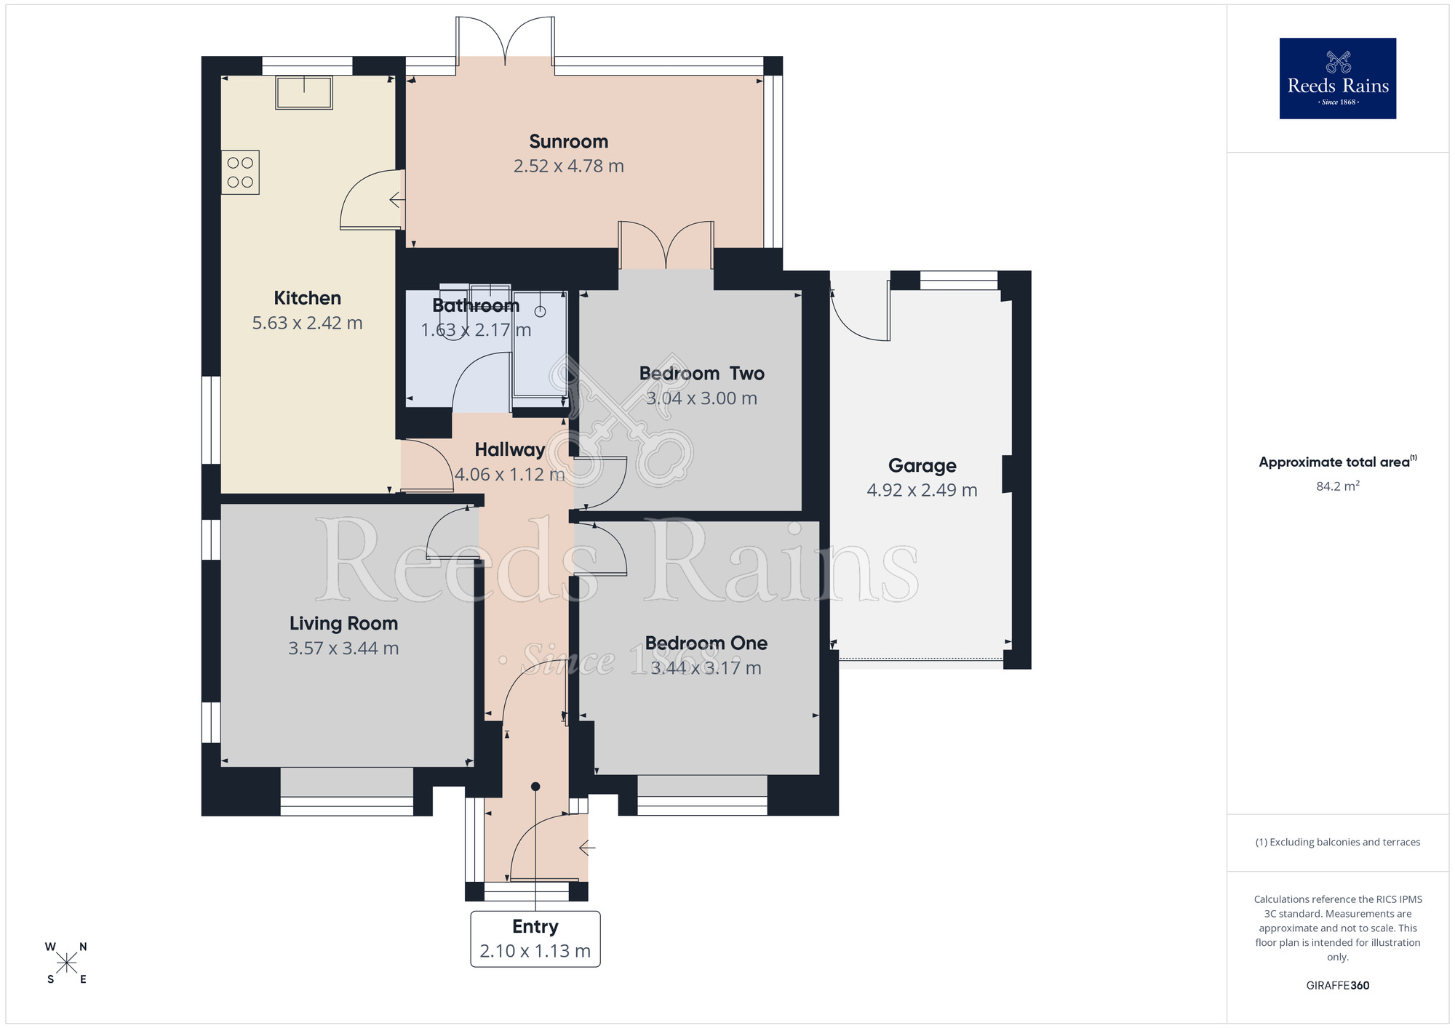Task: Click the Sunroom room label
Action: tap(568, 142)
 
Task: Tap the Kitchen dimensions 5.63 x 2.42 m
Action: tap(307, 323)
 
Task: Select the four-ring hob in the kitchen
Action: tap(240, 172)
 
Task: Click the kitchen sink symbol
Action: tap(304, 93)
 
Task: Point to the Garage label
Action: tap(922, 466)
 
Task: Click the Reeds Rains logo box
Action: tap(1337, 79)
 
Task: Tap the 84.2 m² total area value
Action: tap(1337, 486)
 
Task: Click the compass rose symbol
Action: tap(66, 963)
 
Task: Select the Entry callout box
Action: tap(535, 939)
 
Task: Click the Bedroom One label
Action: tap(706, 643)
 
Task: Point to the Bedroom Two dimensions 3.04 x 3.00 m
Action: tap(701, 398)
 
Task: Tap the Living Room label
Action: tap(343, 624)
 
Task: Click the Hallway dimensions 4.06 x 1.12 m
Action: tap(509, 475)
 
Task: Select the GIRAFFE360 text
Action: tap(1337, 986)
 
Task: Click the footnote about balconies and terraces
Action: tap(1337, 842)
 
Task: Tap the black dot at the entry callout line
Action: tap(535, 787)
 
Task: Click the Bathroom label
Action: tap(476, 305)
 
